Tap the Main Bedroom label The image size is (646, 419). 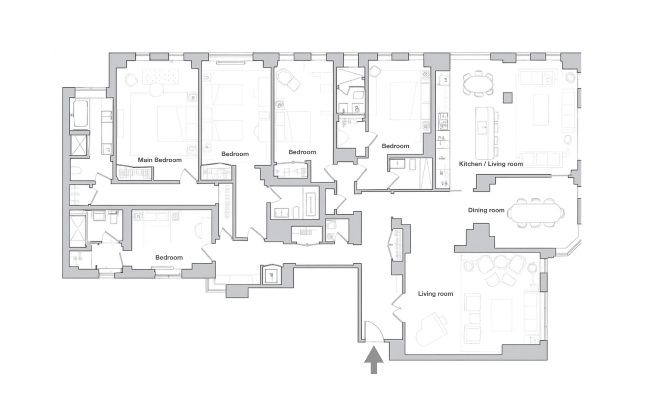click(159, 160)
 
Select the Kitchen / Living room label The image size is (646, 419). click(491, 164)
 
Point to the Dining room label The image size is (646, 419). click(486, 210)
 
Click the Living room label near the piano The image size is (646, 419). click(435, 294)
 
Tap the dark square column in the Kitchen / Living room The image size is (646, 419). click(508, 98)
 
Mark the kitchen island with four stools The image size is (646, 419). click(483, 133)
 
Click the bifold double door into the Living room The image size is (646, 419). click(398, 308)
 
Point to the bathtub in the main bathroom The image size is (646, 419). click(80, 114)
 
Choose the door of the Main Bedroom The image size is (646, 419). click(189, 175)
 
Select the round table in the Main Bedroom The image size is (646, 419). click(156, 91)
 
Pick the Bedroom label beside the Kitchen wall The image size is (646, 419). click(395, 146)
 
